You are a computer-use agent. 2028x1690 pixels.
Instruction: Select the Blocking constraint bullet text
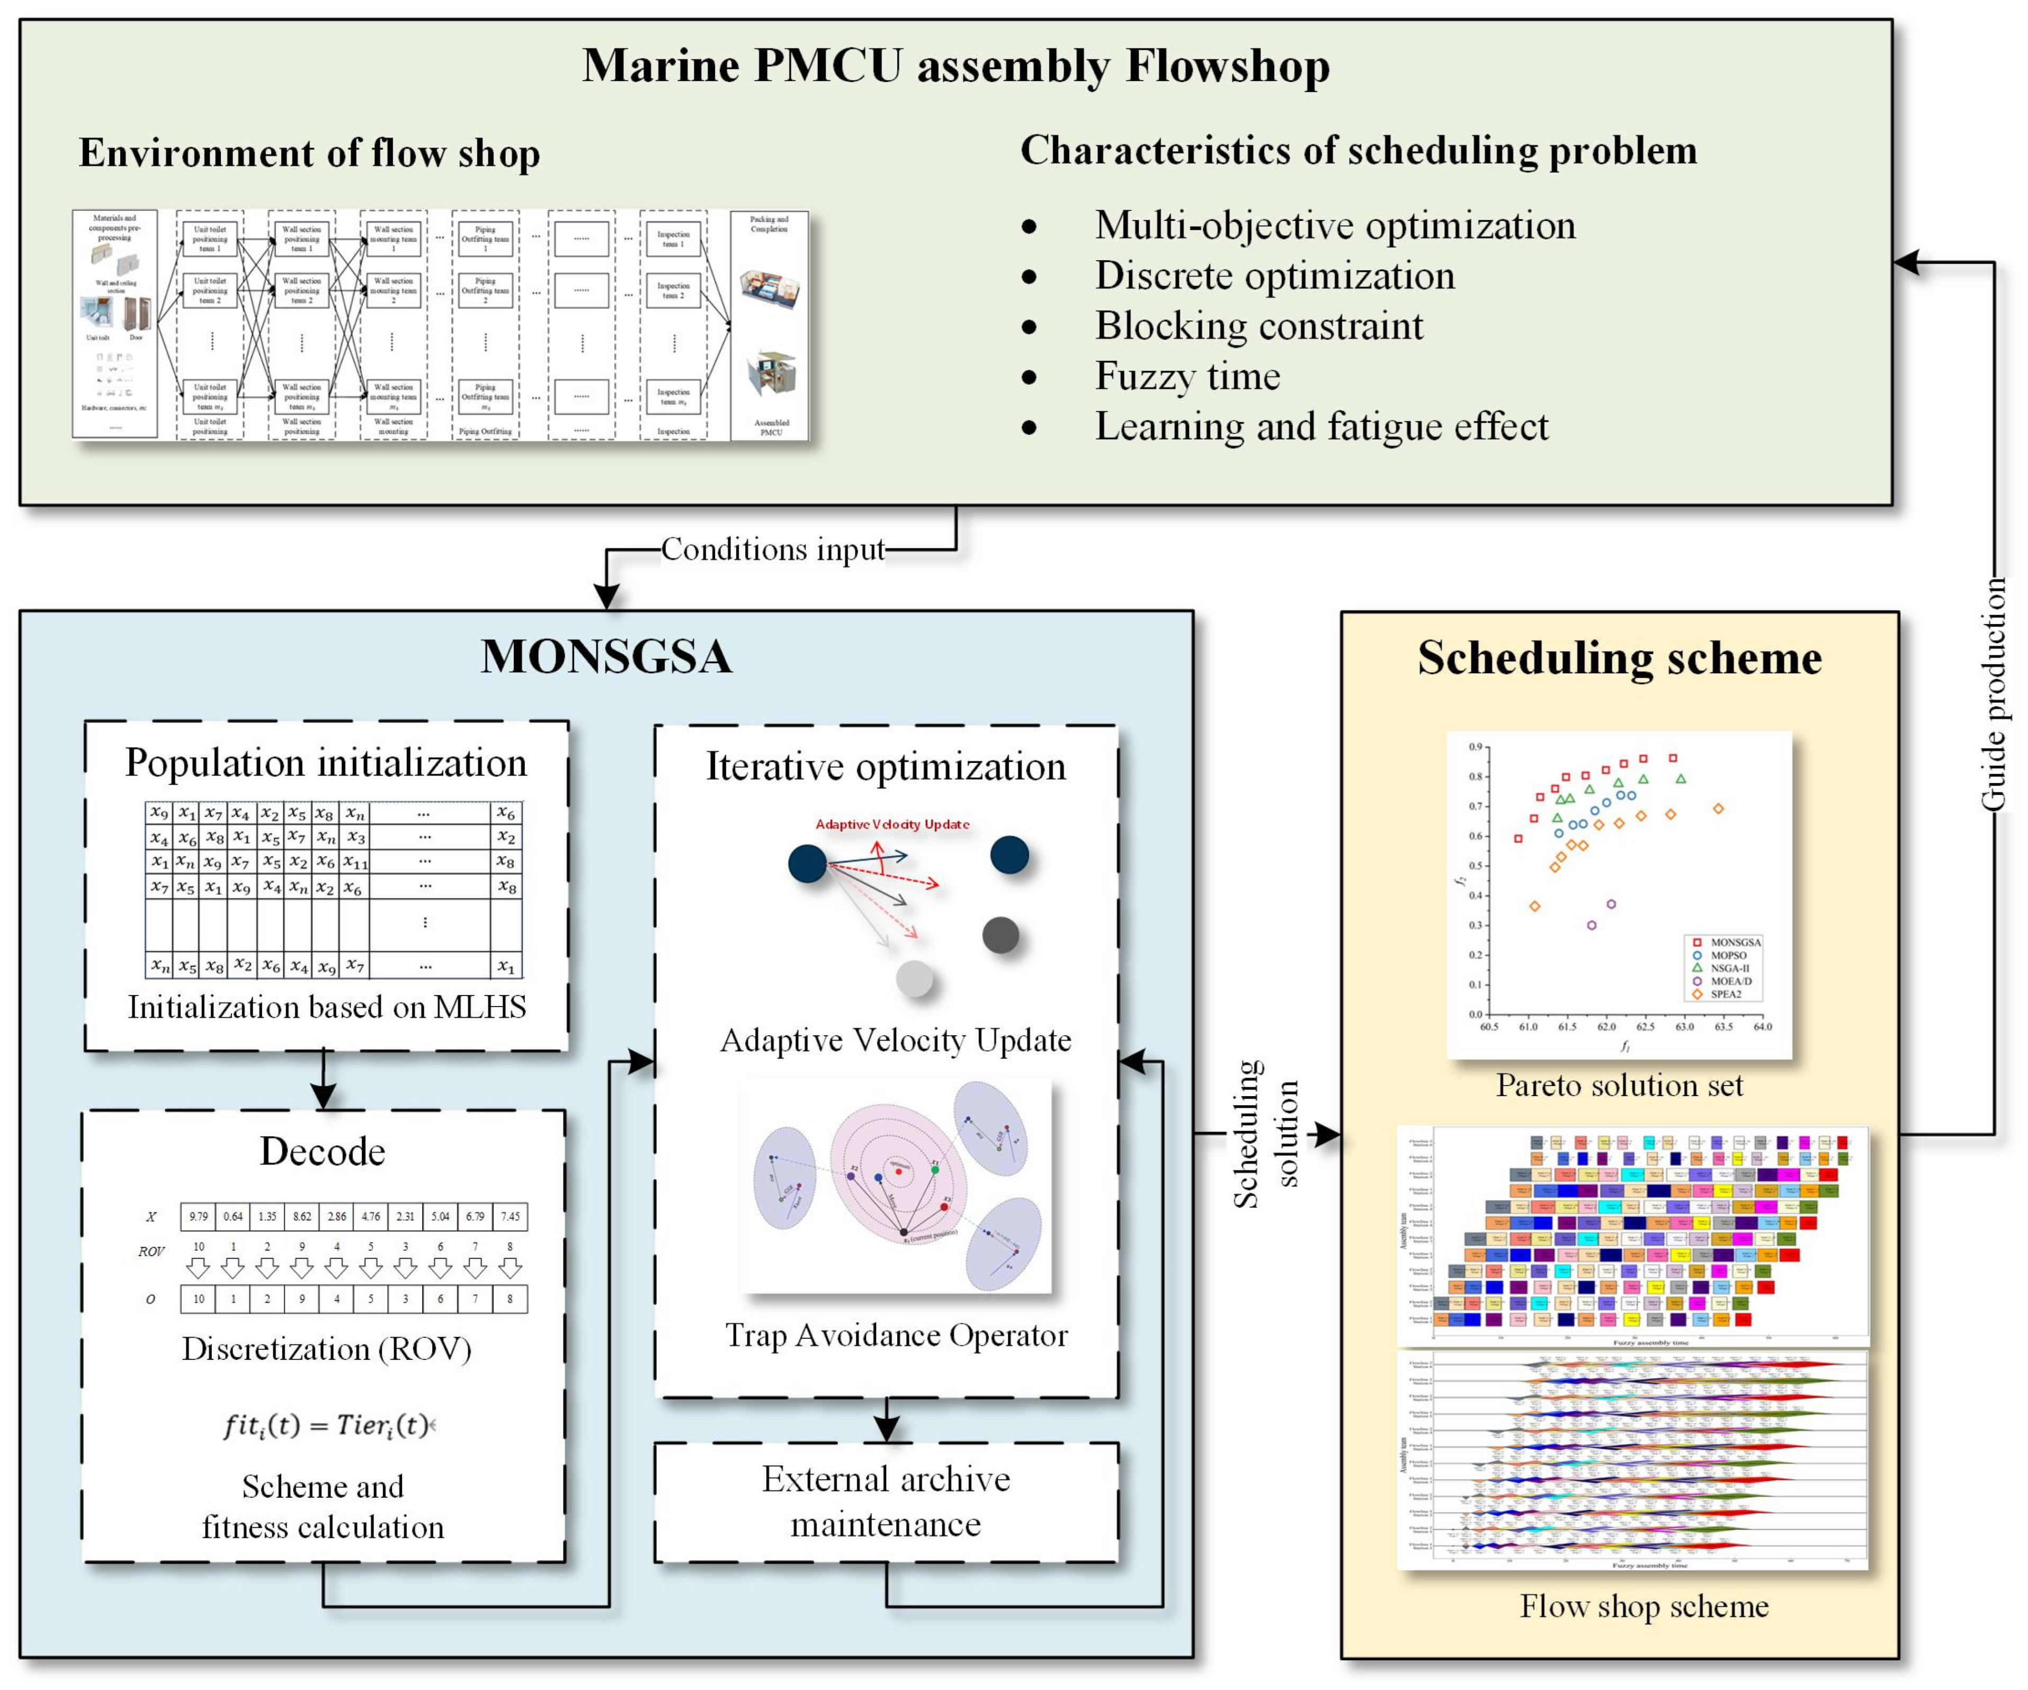(1258, 326)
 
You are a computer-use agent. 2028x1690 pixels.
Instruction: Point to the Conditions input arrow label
(773, 549)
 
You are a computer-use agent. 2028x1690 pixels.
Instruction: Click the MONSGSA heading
(606, 657)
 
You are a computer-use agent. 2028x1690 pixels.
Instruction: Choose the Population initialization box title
(326, 763)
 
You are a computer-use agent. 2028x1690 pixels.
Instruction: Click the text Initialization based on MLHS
(326, 1007)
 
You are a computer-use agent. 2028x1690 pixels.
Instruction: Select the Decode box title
(323, 1151)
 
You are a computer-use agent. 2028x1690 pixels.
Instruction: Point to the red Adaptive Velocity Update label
(892, 824)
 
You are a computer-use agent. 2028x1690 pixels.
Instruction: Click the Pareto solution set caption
(1620, 1086)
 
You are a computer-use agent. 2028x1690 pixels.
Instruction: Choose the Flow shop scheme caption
(1643, 1606)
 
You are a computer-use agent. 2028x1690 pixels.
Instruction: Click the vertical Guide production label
(1993, 695)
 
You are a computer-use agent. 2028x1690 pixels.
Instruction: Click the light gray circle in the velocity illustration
(915, 979)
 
